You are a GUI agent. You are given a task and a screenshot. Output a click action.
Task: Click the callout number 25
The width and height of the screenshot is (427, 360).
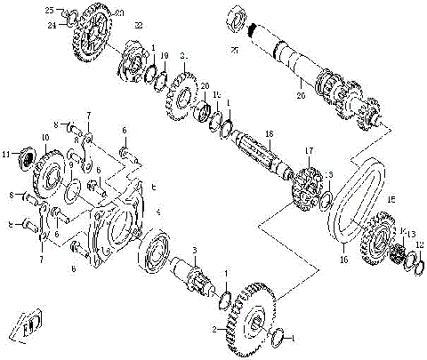click(x=50, y=9)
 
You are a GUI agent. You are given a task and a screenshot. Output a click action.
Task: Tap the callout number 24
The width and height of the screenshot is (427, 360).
click(x=51, y=25)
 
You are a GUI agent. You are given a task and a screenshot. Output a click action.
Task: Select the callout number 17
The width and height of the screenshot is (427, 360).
click(x=310, y=150)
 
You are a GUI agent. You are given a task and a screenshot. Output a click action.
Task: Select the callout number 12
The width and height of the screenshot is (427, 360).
click(x=420, y=244)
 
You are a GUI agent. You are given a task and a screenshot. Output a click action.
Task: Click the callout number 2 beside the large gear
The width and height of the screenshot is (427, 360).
click(x=213, y=329)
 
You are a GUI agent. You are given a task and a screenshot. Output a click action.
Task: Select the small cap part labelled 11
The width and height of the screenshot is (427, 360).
click(x=25, y=158)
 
